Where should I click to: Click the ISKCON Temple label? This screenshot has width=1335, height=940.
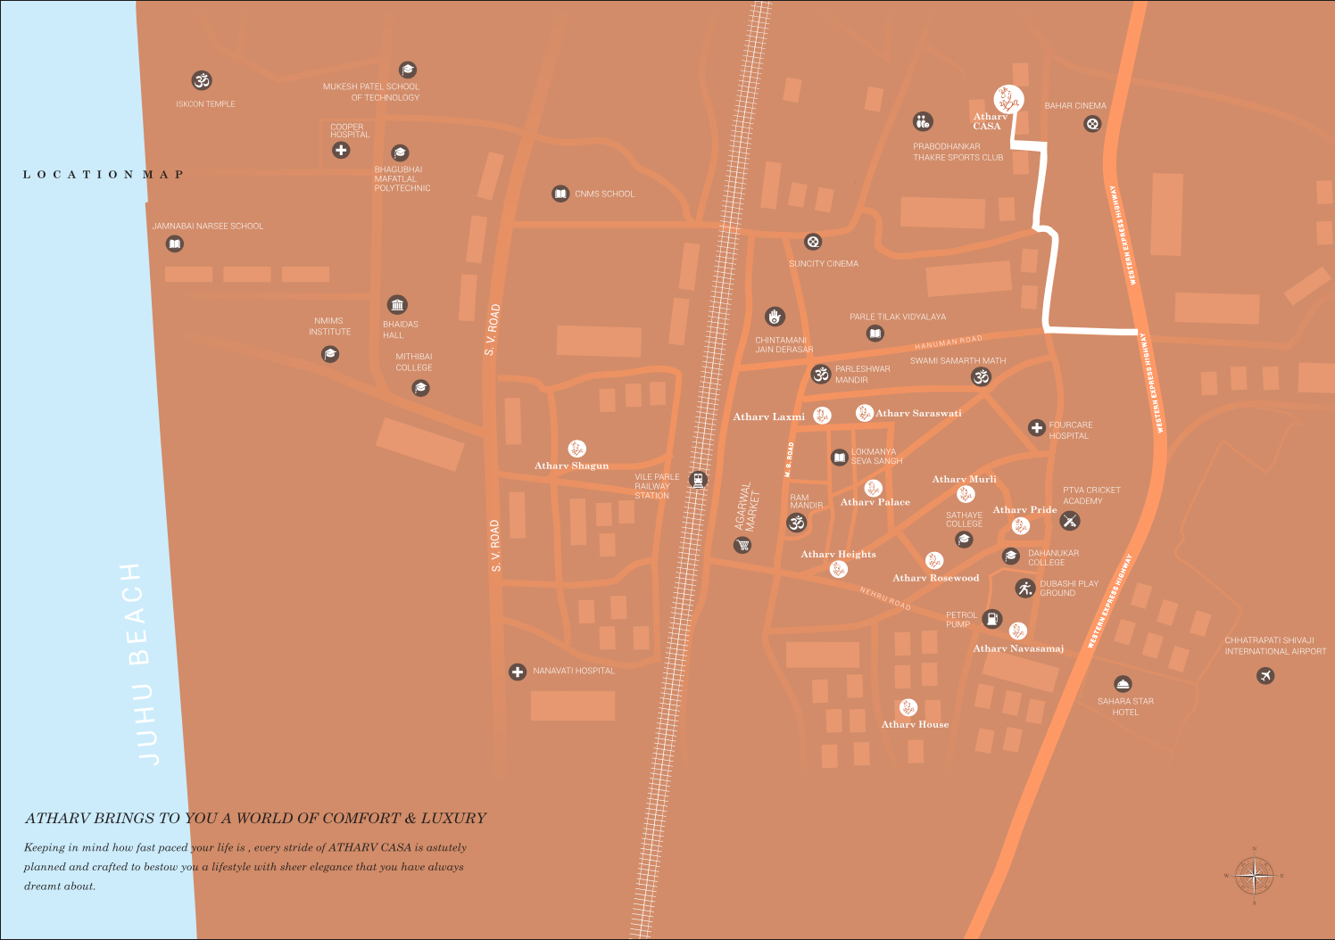(x=205, y=104)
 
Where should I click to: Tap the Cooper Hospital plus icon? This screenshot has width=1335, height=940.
(x=341, y=150)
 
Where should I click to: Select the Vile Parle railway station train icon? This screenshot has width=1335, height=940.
(x=699, y=480)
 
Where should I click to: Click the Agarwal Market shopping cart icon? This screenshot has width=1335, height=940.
(x=742, y=545)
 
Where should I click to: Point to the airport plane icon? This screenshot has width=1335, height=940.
(x=1265, y=675)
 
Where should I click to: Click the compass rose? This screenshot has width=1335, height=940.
(x=1254, y=876)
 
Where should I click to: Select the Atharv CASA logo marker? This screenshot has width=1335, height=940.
(x=1008, y=99)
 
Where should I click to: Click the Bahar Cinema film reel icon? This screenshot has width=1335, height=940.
(x=1092, y=124)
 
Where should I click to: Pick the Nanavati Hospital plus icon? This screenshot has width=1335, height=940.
(x=518, y=672)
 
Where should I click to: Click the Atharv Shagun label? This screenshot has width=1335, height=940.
(x=571, y=466)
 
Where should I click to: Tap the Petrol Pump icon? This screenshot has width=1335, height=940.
(x=991, y=618)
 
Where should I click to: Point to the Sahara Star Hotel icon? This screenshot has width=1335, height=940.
(x=1124, y=684)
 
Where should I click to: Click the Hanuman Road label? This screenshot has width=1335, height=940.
(x=948, y=342)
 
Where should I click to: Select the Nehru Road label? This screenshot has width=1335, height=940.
(x=885, y=598)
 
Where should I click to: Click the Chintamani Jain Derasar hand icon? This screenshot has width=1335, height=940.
(x=775, y=317)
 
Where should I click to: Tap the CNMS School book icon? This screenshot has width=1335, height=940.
(x=560, y=194)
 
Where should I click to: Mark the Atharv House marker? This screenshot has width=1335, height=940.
(x=908, y=707)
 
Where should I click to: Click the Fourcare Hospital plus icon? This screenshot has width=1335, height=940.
(x=1036, y=428)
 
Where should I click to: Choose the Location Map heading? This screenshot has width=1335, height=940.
(x=104, y=175)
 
